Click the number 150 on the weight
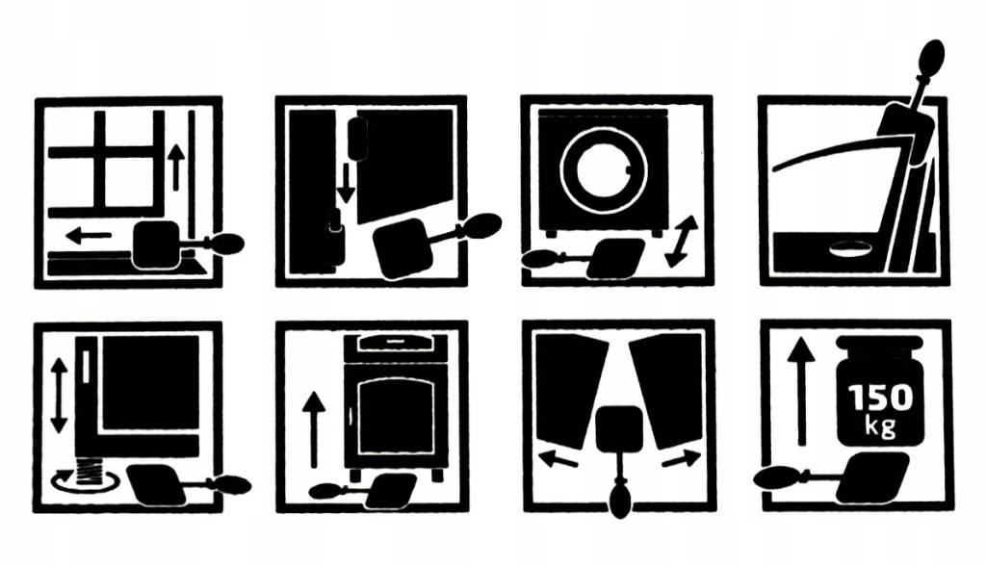tap(880, 398)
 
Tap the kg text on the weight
tap(880, 427)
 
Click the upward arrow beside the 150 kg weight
tap(801, 391)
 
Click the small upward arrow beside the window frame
tap(176, 167)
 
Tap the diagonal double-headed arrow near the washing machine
tap(682, 242)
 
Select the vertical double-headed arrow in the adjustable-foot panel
tap(59, 395)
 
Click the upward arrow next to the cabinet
tap(313, 430)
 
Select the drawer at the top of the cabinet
tap(396, 343)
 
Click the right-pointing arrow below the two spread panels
tap(681, 458)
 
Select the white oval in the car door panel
tap(851, 249)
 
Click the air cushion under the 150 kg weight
tap(873, 477)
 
